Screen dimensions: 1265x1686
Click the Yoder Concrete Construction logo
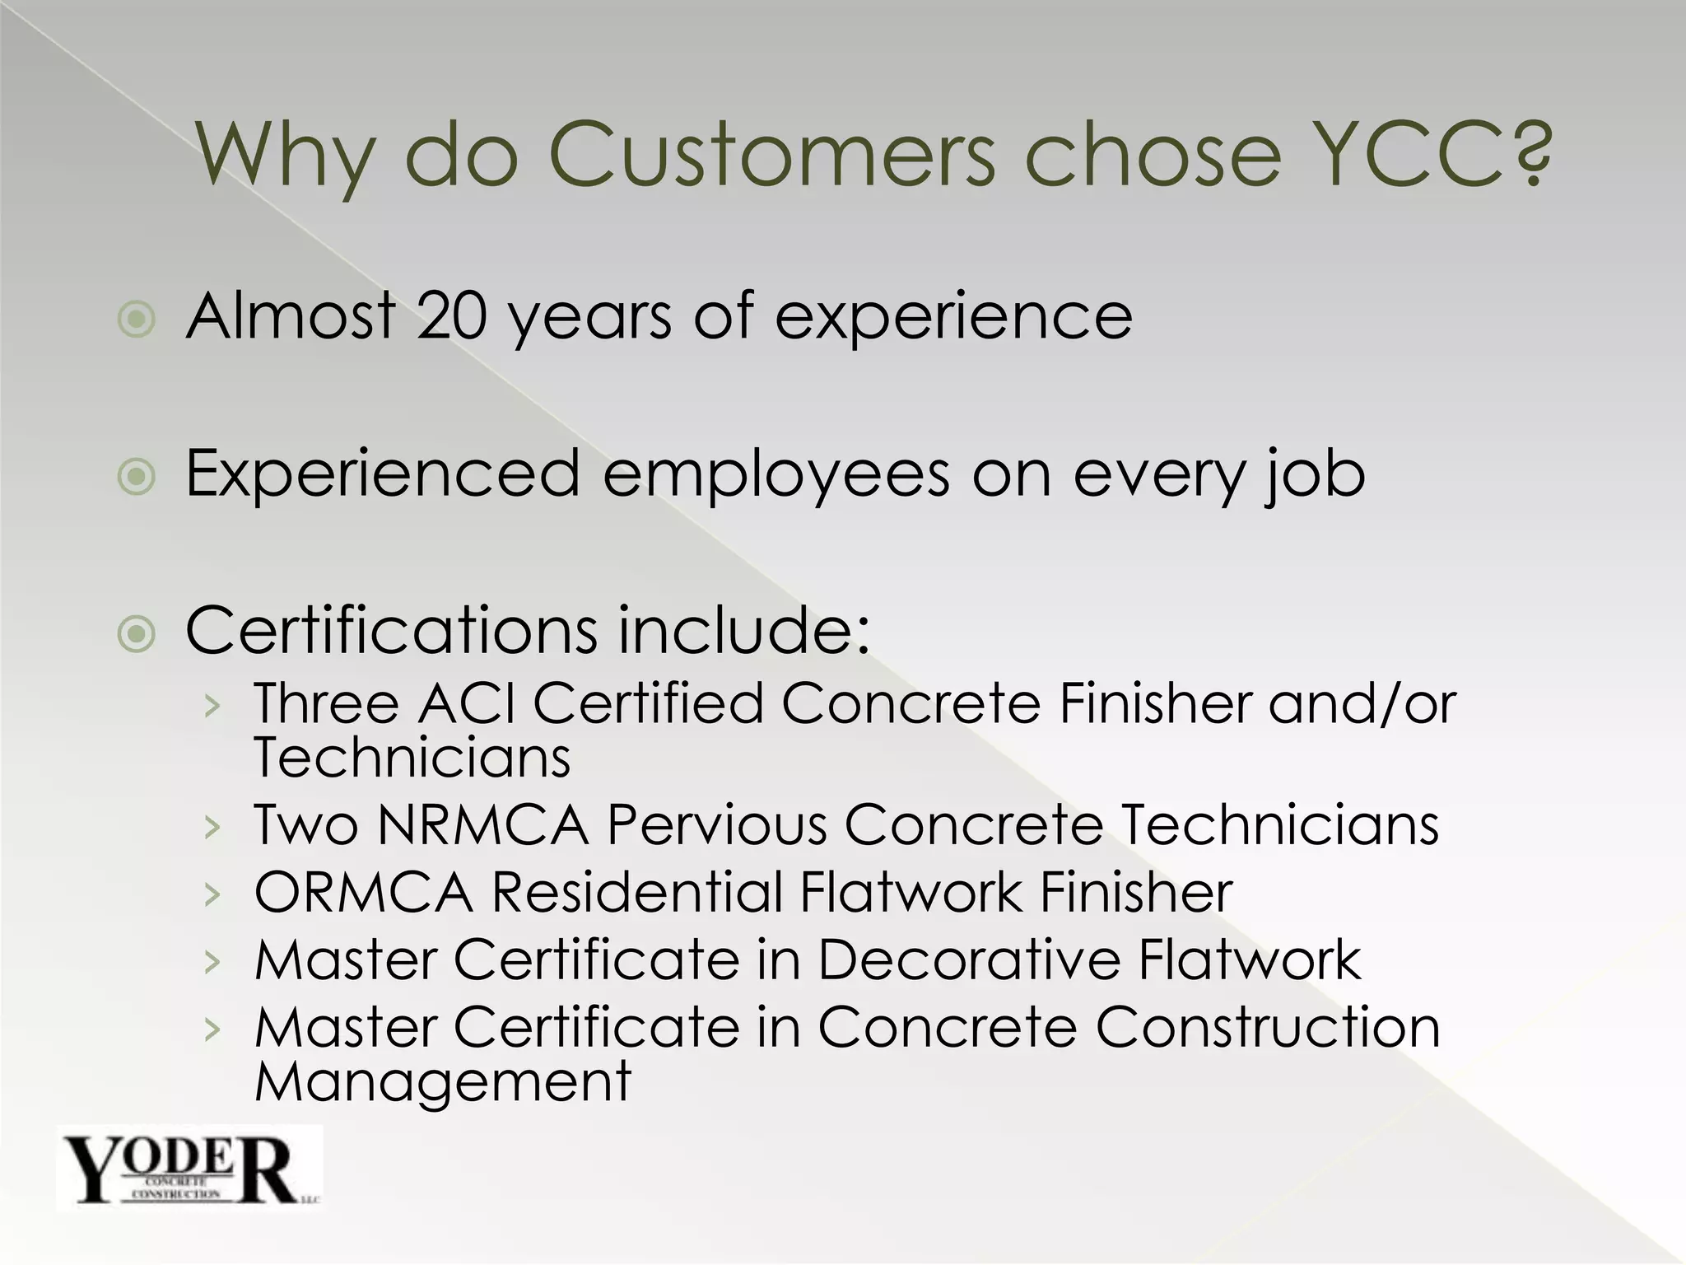coord(189,1168)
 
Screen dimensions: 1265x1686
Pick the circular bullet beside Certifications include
coord(137,633)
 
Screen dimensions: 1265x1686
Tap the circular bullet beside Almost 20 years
coord(137,319)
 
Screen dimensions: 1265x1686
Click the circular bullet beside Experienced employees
coord(137,477)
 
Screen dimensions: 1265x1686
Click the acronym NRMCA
coord(483,824)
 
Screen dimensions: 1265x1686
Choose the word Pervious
coord(717,824)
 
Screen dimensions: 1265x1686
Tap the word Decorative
coord(969,959)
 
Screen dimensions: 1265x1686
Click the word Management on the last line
coord(443,1081)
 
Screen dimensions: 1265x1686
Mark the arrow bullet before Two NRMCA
coord(213,826)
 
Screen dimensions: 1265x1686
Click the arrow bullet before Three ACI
coord(213,706)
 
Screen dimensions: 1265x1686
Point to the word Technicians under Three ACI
coord(412,758)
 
